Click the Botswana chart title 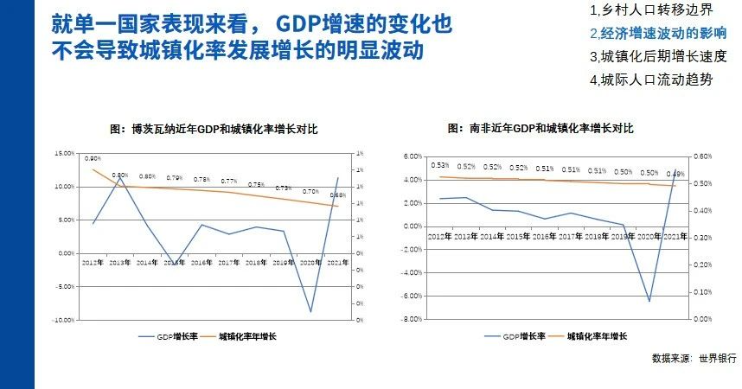tap(214, 128)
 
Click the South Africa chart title tap(541, 128)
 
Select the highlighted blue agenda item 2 tap(657, 34)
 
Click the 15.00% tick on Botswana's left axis tap(64, 153)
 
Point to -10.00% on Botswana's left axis tap(63, 320)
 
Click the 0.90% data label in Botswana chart tap(93, 159)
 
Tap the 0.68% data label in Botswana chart tap(337, 195)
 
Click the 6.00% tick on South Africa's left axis tap(411, 156)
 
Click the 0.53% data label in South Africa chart tap(439, 166)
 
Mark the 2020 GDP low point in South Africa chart tap(649, 301)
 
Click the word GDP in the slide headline tap(301, 23)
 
